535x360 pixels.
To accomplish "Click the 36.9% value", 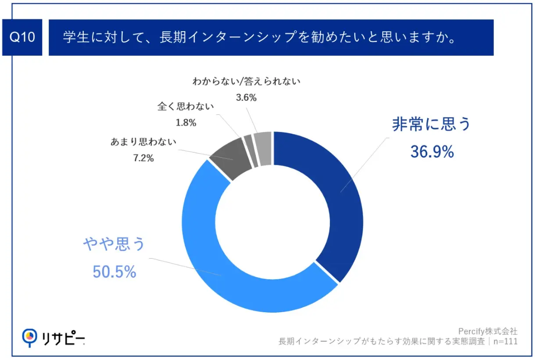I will [432, 152].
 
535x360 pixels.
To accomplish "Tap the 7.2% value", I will [143, 158].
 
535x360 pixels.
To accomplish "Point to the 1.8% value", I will [185, 123].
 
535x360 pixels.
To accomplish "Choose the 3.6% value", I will [246, 98].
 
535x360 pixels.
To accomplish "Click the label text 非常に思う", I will [432, 125].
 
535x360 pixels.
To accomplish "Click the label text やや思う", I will [114, 244].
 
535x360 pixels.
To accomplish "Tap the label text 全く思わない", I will [185, 107].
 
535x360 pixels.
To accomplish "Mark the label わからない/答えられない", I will [246, 82].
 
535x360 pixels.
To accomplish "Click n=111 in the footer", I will [505, 341].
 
